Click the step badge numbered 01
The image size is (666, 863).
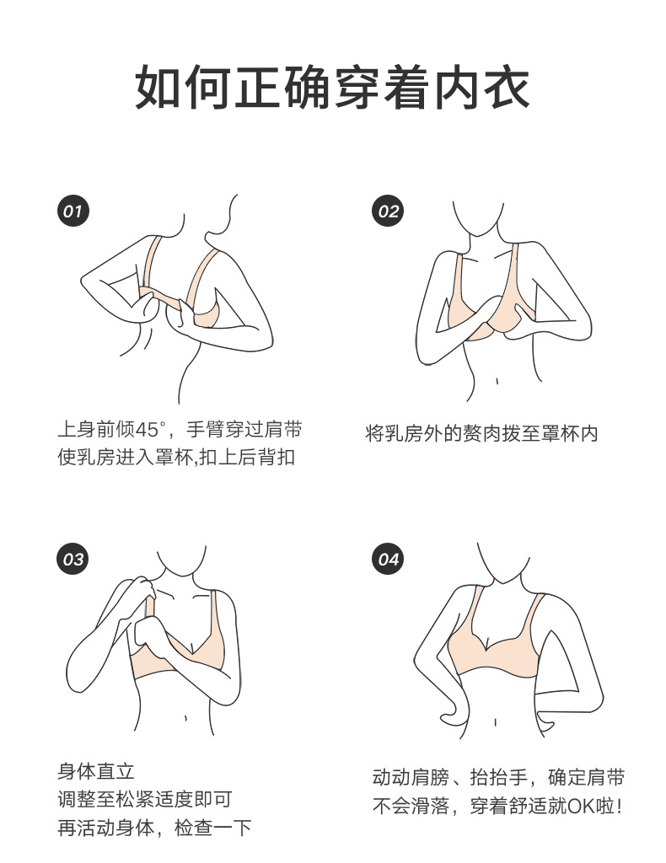pos(73,211)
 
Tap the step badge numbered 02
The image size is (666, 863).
pos(388,211)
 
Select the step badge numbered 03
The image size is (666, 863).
pos(73,560)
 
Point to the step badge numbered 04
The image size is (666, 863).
pos(388,560)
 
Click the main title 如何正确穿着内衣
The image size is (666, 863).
pos(332,88)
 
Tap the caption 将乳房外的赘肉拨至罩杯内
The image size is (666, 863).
pos(481,433)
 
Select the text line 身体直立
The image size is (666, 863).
pos(96,771)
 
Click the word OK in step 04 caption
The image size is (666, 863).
pos(581,807)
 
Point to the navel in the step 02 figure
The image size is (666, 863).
pos(497,381)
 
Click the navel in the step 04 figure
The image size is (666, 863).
pos(495,722)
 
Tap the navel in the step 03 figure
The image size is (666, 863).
pos(185,718)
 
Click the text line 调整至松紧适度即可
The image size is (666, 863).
pos(145,799)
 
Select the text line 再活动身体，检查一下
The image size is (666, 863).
pos(154,828)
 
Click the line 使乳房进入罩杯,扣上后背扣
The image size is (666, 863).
pos(177,457)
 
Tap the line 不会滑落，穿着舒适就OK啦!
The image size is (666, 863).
pos(498,807)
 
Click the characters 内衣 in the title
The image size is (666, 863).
pos(481,88)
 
